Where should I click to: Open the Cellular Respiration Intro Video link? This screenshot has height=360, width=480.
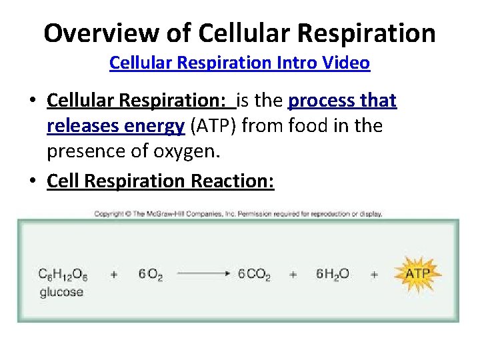[239, 63]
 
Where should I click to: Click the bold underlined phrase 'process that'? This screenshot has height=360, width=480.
[342, 101]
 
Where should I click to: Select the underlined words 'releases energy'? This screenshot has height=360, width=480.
[115, 126]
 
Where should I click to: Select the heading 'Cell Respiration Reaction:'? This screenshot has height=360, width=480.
[160, 181]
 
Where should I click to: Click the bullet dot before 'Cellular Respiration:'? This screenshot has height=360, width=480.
[33, 101]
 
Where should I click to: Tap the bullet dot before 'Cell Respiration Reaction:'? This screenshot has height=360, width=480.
[33, 181]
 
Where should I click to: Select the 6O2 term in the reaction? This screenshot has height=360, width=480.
[151, 275]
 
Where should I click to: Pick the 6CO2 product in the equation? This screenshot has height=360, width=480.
[254, 275]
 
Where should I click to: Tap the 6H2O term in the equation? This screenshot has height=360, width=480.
[333, 275]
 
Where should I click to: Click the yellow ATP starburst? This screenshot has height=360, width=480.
[418, 273]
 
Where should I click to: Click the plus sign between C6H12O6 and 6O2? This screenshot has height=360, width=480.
[114, 274]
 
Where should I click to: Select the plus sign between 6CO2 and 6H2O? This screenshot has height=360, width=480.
[293, 274]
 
